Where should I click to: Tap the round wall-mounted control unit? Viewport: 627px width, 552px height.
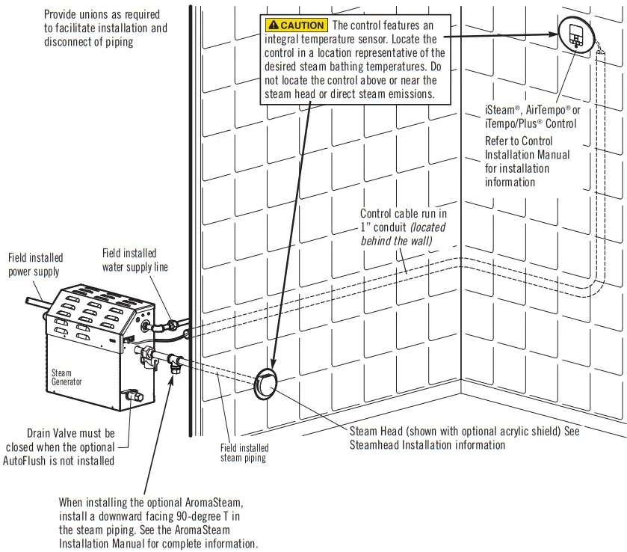tap(576, 34)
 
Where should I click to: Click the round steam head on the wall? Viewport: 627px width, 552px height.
tap(267, 384)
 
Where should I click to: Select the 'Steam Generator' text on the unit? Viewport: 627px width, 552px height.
tap(62, 377)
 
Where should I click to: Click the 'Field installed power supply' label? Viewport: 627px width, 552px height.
tap(36, 265)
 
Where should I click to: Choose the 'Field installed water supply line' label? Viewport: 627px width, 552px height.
tap(135, 260)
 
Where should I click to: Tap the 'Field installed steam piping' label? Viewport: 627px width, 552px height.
tap(244, 453)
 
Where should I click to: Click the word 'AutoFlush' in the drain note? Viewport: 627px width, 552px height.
tap(49, 460)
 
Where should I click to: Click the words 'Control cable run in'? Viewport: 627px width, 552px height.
tap(404, 214)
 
